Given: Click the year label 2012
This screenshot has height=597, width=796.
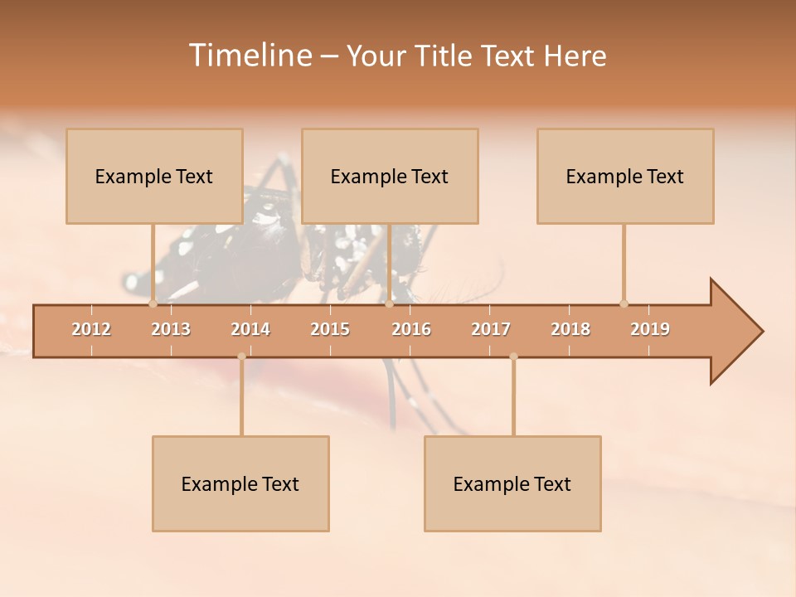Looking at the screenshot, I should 91,329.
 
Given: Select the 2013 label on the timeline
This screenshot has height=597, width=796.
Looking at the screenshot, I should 171,329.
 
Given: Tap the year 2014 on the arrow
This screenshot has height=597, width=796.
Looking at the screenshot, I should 250,329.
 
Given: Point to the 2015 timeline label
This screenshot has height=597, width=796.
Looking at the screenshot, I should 330,329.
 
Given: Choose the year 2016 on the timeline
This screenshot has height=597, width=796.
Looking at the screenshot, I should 411,329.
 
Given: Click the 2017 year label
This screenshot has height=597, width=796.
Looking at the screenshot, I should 491,329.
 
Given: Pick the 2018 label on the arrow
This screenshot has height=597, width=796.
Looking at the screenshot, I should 570,329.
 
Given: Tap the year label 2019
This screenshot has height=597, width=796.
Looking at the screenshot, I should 650,329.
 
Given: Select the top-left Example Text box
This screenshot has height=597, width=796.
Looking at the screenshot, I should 154,176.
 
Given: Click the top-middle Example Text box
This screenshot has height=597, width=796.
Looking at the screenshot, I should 390,176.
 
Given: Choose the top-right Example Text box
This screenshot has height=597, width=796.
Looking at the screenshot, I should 625,176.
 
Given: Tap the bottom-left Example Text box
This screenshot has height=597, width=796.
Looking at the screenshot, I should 240,483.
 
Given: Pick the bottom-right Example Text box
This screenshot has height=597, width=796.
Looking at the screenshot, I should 512,483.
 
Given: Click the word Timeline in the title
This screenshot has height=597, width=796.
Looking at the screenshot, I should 250,56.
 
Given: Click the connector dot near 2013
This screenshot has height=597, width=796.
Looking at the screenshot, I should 153,303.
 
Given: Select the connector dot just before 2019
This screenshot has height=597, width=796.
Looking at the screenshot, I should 624,303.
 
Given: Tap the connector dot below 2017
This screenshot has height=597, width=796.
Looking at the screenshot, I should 513,357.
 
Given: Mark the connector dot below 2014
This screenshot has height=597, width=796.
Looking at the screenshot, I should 241,357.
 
